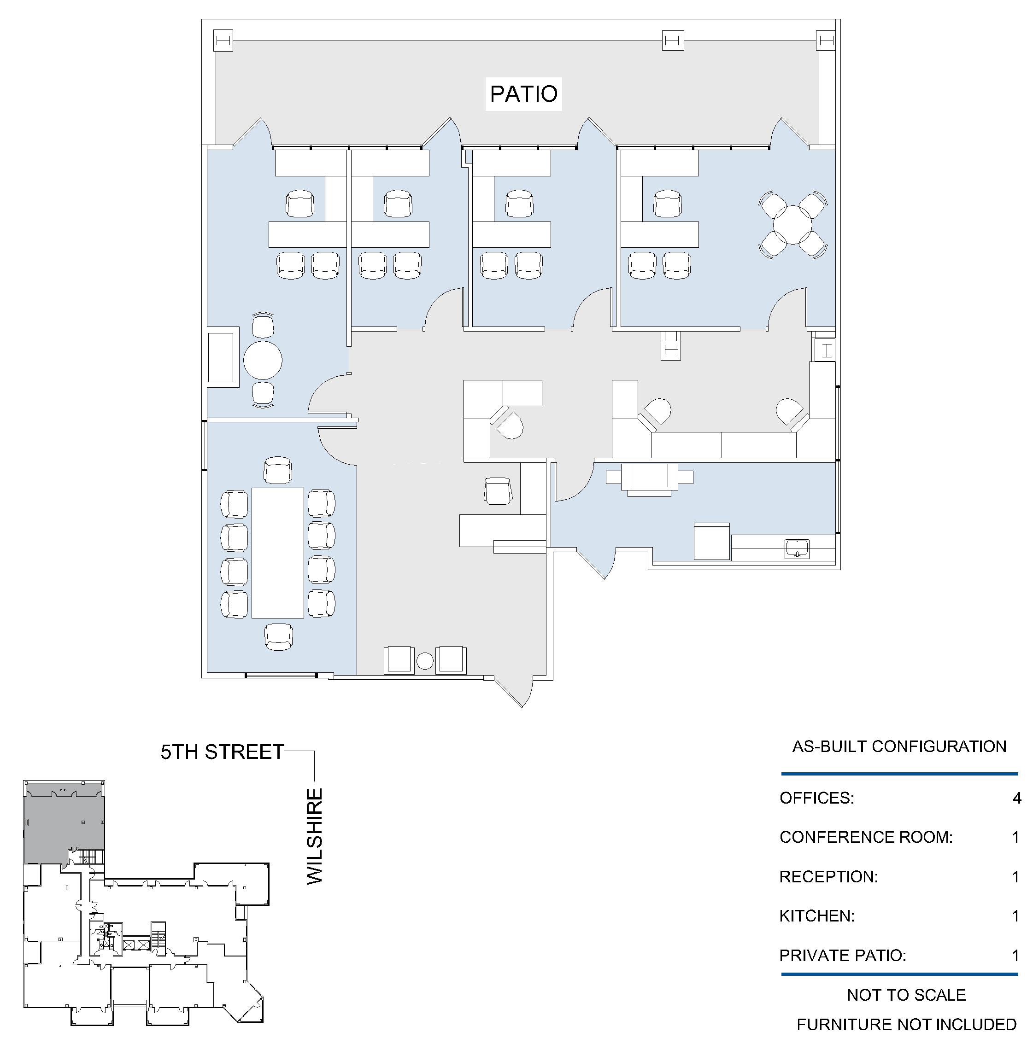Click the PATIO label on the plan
(523, 94)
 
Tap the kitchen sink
(797, 548)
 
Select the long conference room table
(278, 553)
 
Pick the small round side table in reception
(425, 661)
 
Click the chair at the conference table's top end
(278, 470)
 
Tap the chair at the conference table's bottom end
(279, 636)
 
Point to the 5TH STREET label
(222, 752)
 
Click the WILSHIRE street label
(314, 836)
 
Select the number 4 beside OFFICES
(1016, 799)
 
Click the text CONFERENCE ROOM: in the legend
(866, 837)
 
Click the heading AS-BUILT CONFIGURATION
(899, 746)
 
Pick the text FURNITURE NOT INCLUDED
(906, 1025)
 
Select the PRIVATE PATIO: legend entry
(843, 956)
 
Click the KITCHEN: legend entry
(817, 916)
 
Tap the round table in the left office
(263, 361)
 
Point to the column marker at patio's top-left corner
(223, 41)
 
